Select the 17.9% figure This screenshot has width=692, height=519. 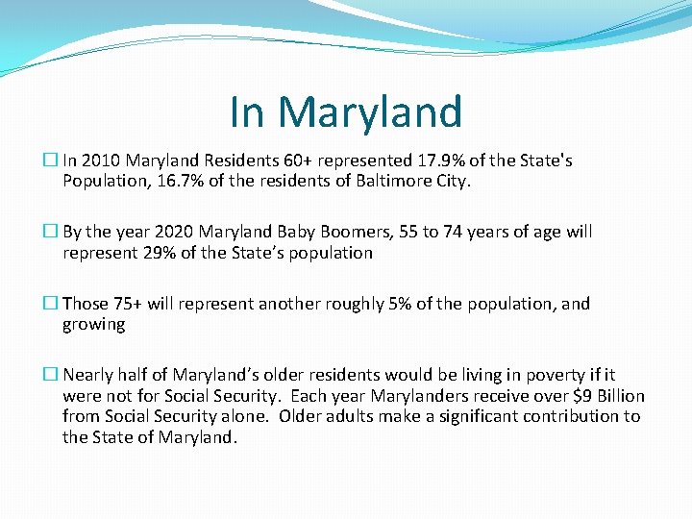coord(440,161)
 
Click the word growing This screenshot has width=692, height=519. coord(94,325)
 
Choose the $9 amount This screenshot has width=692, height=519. coord(578,396)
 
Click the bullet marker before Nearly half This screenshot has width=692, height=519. coord(54,375)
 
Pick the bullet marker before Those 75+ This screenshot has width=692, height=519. coord(54,304)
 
